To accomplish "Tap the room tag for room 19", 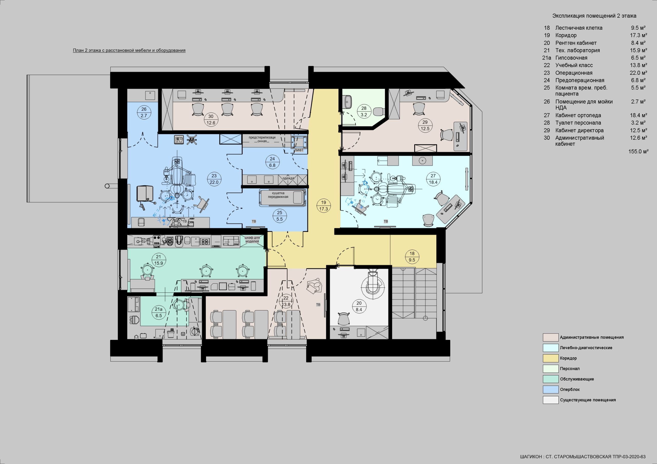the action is click(x=323, y=206).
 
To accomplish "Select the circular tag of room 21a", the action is click(x=159, y=312).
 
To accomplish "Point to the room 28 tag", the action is click(x=364, y=112).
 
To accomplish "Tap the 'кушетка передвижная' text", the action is click(x=278, y=195).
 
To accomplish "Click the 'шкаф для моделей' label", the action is click(x=252, y=239).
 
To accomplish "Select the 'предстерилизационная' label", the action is click(x=262, y=139).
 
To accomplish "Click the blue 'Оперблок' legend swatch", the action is click(x=550, y=389).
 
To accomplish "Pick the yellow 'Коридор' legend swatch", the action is click(x=550, y=358).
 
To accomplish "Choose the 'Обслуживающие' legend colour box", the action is click(x=550, y=379).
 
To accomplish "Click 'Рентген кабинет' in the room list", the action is click(x=576, y=43).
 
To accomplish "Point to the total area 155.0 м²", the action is click(x=638, y=152).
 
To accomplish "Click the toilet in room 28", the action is click(x=378, y=111).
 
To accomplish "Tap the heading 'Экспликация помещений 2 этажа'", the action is click(x=594, y=16).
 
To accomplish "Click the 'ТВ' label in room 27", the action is click(x=386, y=221).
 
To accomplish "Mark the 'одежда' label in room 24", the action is click(x=288, y=178).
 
